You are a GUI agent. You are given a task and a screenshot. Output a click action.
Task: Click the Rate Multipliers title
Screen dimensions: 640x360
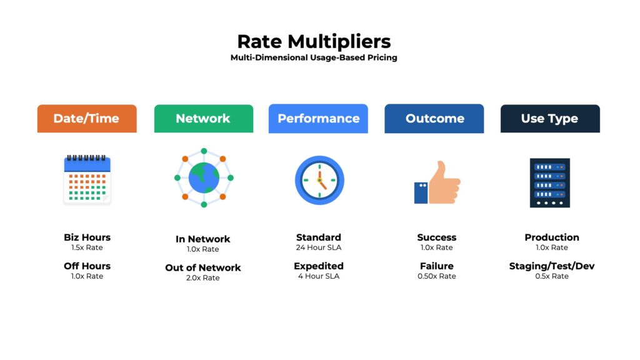click(314, 41)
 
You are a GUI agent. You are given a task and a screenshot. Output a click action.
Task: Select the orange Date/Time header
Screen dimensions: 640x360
click(86, 118)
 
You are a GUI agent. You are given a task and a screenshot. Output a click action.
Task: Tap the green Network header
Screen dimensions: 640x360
click(203, 118)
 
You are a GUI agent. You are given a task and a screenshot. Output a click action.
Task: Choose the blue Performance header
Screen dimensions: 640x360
click(318, 118)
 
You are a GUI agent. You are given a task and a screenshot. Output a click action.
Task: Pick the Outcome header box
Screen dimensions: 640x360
click(434, 118)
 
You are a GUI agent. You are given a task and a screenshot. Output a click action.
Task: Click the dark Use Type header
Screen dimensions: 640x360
click(550, 118)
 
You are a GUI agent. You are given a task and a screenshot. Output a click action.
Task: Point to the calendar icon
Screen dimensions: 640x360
click(87, 180)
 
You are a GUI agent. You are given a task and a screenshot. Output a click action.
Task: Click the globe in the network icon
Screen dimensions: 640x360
click(204, 178)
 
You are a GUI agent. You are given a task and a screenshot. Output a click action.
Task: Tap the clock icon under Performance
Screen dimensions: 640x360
click(319, 180)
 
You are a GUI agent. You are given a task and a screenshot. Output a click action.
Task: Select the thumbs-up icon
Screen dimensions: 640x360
click(438, 182)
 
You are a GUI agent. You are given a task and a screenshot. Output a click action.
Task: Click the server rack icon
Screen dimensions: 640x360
click(550, 182)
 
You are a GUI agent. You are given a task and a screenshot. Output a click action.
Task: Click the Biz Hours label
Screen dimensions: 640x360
click(87, 237)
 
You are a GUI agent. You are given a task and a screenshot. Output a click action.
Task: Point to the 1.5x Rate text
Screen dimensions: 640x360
click(87, 248)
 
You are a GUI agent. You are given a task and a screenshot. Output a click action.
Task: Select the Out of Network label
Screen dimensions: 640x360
click(203, 267)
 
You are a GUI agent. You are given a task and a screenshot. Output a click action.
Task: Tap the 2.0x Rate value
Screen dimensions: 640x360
click(203, 278)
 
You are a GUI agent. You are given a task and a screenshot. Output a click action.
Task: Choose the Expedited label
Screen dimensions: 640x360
click(319, 266)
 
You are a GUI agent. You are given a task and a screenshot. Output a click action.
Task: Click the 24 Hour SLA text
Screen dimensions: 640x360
click(319, 248)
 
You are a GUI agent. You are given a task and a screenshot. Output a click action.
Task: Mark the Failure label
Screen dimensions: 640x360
click(436, 266)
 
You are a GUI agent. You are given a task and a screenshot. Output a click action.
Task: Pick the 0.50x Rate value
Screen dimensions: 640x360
click(436, 276)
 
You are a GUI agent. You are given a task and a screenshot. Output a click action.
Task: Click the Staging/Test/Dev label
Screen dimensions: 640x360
click(552, 266)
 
